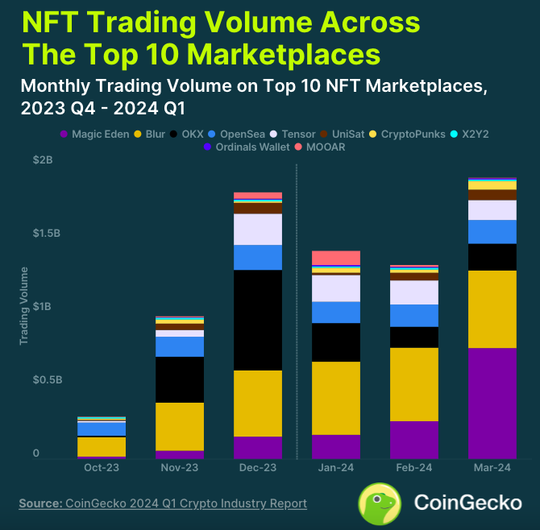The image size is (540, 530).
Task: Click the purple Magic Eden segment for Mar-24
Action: [492, 403]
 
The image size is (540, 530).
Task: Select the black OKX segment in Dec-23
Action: [258, 320]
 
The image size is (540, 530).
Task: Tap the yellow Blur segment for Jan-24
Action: [336, 398]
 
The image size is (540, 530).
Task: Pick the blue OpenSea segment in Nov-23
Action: [180, 346]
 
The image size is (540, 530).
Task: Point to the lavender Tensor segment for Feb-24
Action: [414, 292]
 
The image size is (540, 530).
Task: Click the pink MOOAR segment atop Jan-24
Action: [336, 258]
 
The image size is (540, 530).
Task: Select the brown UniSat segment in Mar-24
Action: [492, 195]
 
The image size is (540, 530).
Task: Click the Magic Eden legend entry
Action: [95, 134]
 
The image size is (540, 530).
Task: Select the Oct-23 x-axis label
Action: [102, 468]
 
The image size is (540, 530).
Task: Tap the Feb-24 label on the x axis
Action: [414, 468]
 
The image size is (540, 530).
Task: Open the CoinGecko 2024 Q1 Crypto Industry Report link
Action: [186, 503]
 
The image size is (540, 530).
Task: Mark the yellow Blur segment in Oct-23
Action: [102, 446]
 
